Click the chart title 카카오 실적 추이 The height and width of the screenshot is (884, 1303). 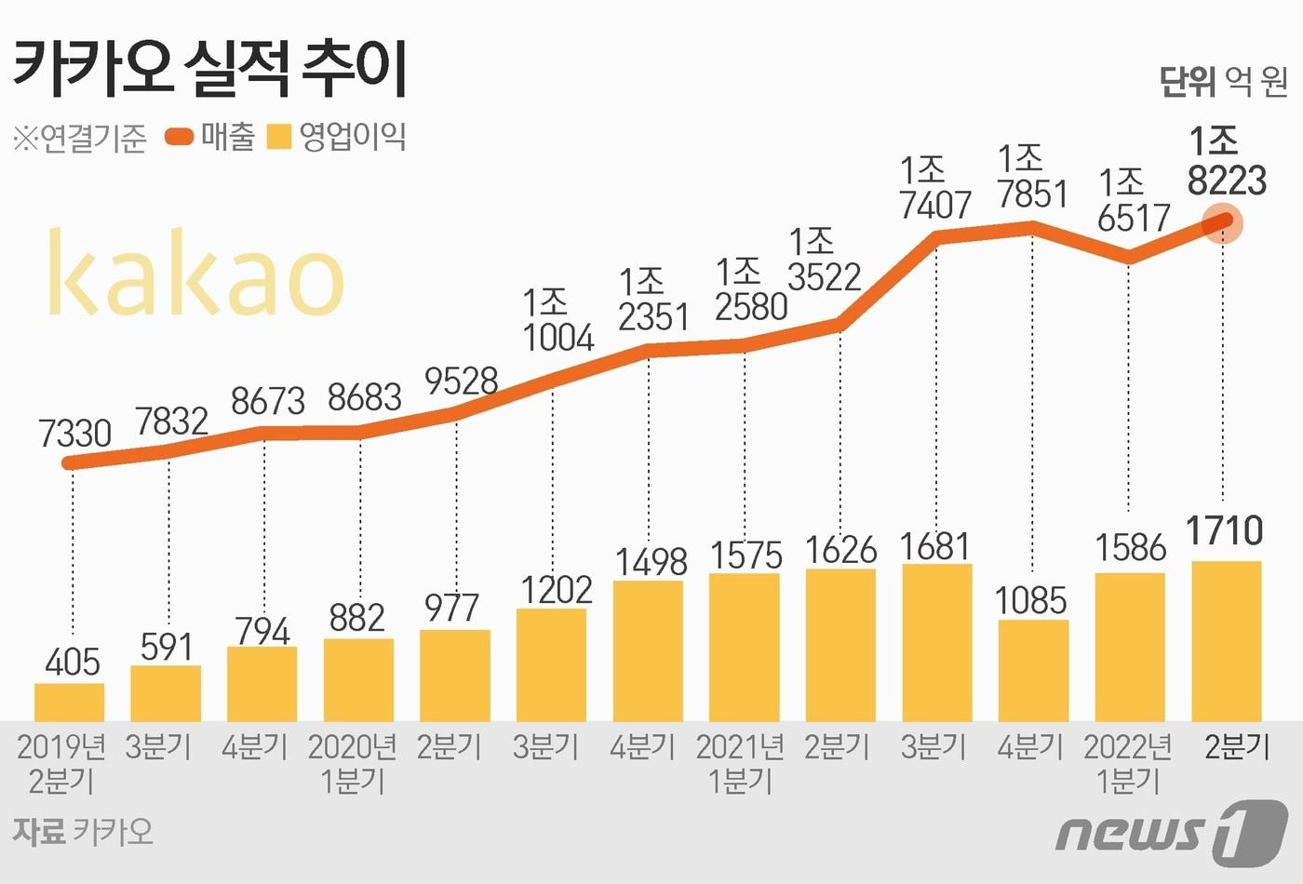click(x=210, y=69)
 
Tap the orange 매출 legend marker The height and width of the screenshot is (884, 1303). click(x=179, y=138)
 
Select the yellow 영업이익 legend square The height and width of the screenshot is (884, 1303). click(x=279, y=138)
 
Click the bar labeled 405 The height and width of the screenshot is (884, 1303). click(x=70, y=702)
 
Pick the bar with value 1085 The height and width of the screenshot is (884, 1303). click(x=1033, y=670)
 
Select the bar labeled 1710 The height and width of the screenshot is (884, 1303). click(x=1227, y=640)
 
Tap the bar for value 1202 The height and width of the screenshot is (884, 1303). click(x=551, y=664)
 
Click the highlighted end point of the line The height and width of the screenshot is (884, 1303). click(x=1223, y=222)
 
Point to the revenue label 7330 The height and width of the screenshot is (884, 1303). click(x=74, y=434)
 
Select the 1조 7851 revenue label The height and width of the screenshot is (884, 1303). click(x=1032, y=177)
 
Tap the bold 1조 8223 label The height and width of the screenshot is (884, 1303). click(x=1227, y=162)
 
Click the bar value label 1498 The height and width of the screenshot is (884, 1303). click(x=651, y=562)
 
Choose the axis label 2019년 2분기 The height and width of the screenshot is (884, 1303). click(x=61, y=763)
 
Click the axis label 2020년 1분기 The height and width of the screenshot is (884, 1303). click(x=353, y=763)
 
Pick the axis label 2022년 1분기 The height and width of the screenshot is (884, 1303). click(x=1128, y=763)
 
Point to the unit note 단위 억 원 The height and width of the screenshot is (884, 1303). click(x=1223, y=82)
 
